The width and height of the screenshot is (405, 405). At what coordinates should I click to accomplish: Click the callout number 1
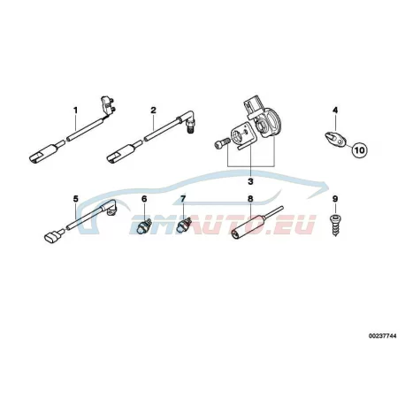pos(76,111)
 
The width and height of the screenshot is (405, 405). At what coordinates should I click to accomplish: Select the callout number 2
pos(153,111)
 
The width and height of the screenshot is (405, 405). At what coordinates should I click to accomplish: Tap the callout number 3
pos(250,181)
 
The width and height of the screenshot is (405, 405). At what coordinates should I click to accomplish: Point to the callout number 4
pos(335,111)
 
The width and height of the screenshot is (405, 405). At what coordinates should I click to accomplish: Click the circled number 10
pos(359,150)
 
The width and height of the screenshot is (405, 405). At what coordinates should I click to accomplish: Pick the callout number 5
pos(76,199)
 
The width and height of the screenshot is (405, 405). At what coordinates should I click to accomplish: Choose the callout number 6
pos(144,199)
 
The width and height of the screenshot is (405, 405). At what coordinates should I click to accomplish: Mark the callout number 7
pos(183,199)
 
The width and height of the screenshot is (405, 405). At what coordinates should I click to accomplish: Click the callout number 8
pos(250,199)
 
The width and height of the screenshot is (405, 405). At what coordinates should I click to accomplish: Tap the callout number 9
pos(335,199)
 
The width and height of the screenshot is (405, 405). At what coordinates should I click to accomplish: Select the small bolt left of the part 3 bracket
pos(222,142)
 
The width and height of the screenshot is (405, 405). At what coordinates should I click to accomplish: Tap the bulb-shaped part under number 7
pos(182,226)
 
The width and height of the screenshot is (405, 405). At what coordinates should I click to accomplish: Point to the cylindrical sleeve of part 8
pos(247,228)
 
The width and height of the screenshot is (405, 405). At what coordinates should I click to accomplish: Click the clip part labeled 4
pos(335,139)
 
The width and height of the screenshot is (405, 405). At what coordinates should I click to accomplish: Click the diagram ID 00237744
pos(382,336)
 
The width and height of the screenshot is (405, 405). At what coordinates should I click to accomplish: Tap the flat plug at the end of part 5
pos(52,237)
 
